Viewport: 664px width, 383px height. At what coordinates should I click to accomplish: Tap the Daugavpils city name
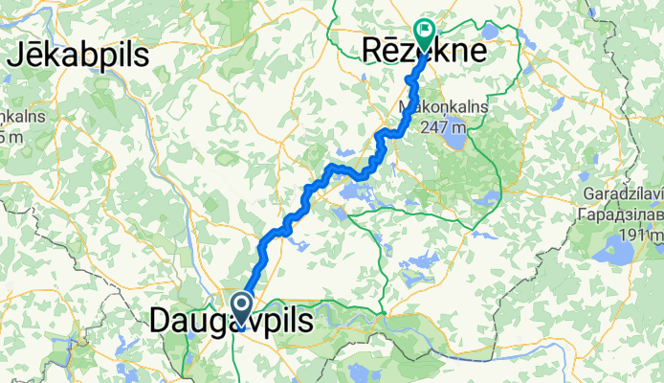231,323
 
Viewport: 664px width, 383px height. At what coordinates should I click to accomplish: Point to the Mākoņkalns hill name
443,108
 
